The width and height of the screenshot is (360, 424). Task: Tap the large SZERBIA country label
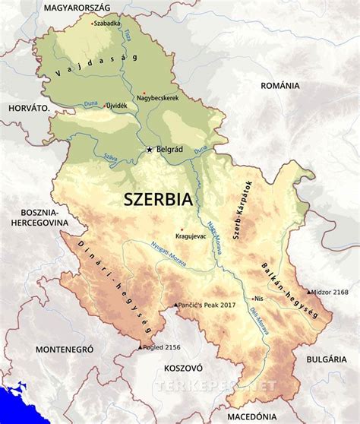pyautogui.click(x=158, y=201)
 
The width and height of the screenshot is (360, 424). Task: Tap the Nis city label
pyautogui.click(x=263, y=299)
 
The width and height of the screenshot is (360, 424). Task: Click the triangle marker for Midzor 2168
pyautogui.click(x=308, y=292)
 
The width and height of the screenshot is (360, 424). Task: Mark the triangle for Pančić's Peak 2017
pyautogui.click(x=175, y=304)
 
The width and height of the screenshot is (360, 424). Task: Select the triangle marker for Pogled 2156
pyautogui.click(x=139, y=347)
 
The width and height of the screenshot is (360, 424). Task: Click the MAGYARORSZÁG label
pyautogui.click(x=77, y=7)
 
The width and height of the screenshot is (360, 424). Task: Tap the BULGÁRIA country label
pyautogui.click(x=327, y=358)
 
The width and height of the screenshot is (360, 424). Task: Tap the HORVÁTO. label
pyautogui.click(x=30, y=109)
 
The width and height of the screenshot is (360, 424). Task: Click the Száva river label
pyautogui.click(x=112, y=156)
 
